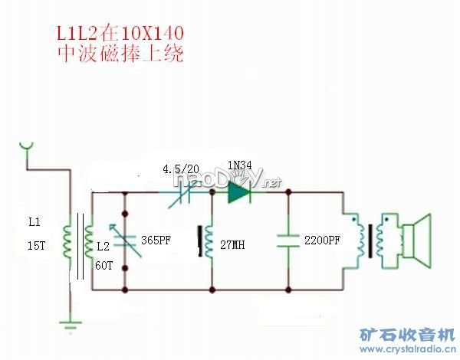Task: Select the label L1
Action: point(34,222)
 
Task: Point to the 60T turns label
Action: point(103,265)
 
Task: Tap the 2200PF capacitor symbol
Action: point(288,240)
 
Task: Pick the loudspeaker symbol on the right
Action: point(418,241)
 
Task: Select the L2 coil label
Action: point(102,247)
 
